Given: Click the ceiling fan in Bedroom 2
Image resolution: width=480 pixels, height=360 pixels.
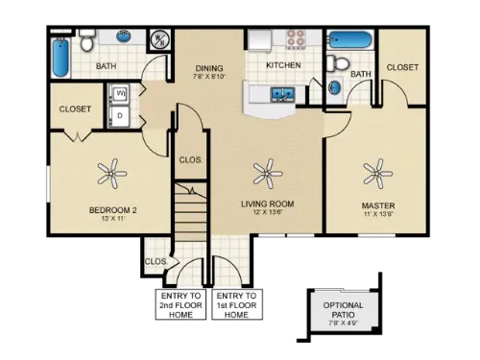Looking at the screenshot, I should [x=112, y=174].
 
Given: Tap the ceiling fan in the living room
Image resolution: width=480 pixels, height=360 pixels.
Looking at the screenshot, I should [x=267, y=174].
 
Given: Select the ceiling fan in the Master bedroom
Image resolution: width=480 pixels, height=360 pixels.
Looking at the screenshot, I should [x=376, y=174].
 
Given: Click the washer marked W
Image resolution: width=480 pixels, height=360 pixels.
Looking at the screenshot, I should [x=122, y=95].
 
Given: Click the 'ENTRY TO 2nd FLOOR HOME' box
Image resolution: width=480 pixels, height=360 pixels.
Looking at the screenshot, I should [x=180, y=304].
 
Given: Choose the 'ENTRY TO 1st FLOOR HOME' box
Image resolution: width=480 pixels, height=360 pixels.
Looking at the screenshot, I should [x=236, y=304].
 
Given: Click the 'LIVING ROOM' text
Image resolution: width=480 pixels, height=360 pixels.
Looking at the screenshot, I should [x=267, y=204].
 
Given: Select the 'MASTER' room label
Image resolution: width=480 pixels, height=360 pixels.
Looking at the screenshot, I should [x=377, y=204].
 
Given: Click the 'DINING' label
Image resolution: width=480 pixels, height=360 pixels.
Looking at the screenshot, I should [x=209, y=69].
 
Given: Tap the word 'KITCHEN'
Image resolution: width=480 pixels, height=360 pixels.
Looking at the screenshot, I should [x=284, y=65].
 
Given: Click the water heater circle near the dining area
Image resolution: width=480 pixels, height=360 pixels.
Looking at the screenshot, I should [x=160, y=40].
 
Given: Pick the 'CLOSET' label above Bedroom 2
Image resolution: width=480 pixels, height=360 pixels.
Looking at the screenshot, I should [x=75, y=109].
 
